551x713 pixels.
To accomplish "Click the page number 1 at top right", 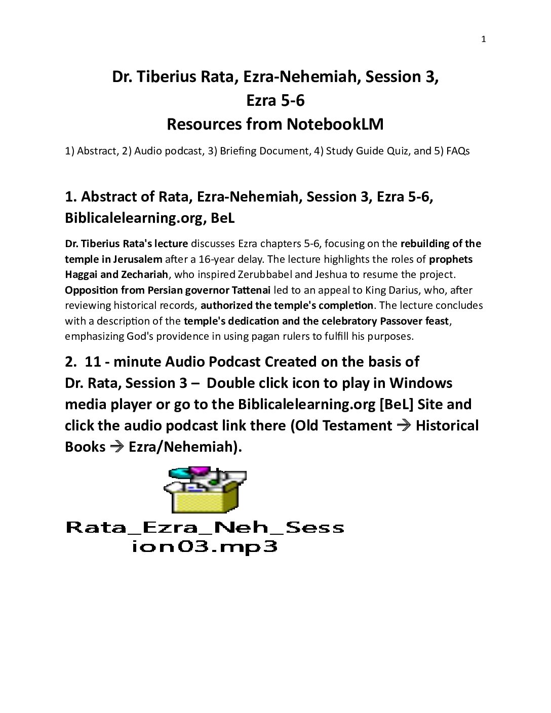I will [483, 39].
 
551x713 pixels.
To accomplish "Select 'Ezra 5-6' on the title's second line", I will [275, 101].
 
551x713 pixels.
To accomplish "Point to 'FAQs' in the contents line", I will [458, 151].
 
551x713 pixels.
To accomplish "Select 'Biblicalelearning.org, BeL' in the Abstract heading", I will [149, 218].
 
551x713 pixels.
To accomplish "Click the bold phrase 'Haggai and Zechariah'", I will [116, 274].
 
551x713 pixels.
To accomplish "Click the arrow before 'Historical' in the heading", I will [404, 425].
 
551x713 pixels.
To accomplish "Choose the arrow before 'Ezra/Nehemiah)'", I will [116, 447].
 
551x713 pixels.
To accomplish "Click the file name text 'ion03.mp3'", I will [204, 547].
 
